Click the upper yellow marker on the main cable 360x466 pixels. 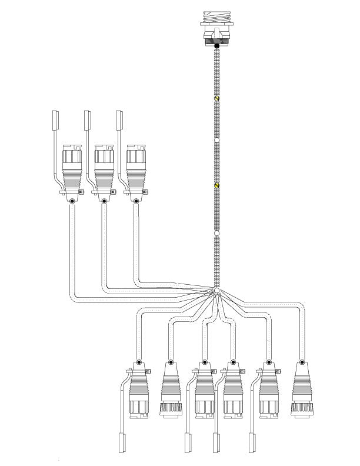(216, 98)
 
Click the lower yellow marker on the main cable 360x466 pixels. (216, 186)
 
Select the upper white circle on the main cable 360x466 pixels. (216, 140)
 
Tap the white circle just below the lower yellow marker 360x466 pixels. (216, 234)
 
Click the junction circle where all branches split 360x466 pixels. (216, 291)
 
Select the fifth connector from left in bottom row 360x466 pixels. (268, 394)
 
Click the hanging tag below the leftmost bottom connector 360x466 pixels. (122, 442)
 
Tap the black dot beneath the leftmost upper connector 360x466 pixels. (72, 201)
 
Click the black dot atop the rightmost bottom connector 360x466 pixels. (301, 362)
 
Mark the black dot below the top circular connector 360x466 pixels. (216, 45)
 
